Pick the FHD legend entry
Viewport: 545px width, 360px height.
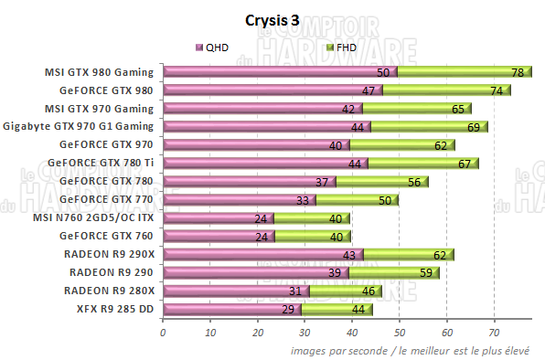click(x=341, y=47)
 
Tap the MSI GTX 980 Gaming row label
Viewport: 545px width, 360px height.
click(x=100, y=71)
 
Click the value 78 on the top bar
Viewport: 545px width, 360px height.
click(x=517, y=72)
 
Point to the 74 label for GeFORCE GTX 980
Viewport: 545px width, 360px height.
click(x=497, y=90)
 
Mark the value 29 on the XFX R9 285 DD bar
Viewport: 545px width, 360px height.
click(x=286, y=310)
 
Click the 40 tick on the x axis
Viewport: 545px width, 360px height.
click(x=352, y=333)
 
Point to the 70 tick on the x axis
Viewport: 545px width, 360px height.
click(x=495, y=333)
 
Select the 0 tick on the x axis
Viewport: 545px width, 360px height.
click(x=163, y=333)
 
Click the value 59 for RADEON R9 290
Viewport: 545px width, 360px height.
click(x=425, y=273)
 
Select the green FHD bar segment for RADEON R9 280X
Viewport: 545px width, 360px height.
click(x=347, y=291)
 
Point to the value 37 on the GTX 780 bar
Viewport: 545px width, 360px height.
click(x=322, y=182)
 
